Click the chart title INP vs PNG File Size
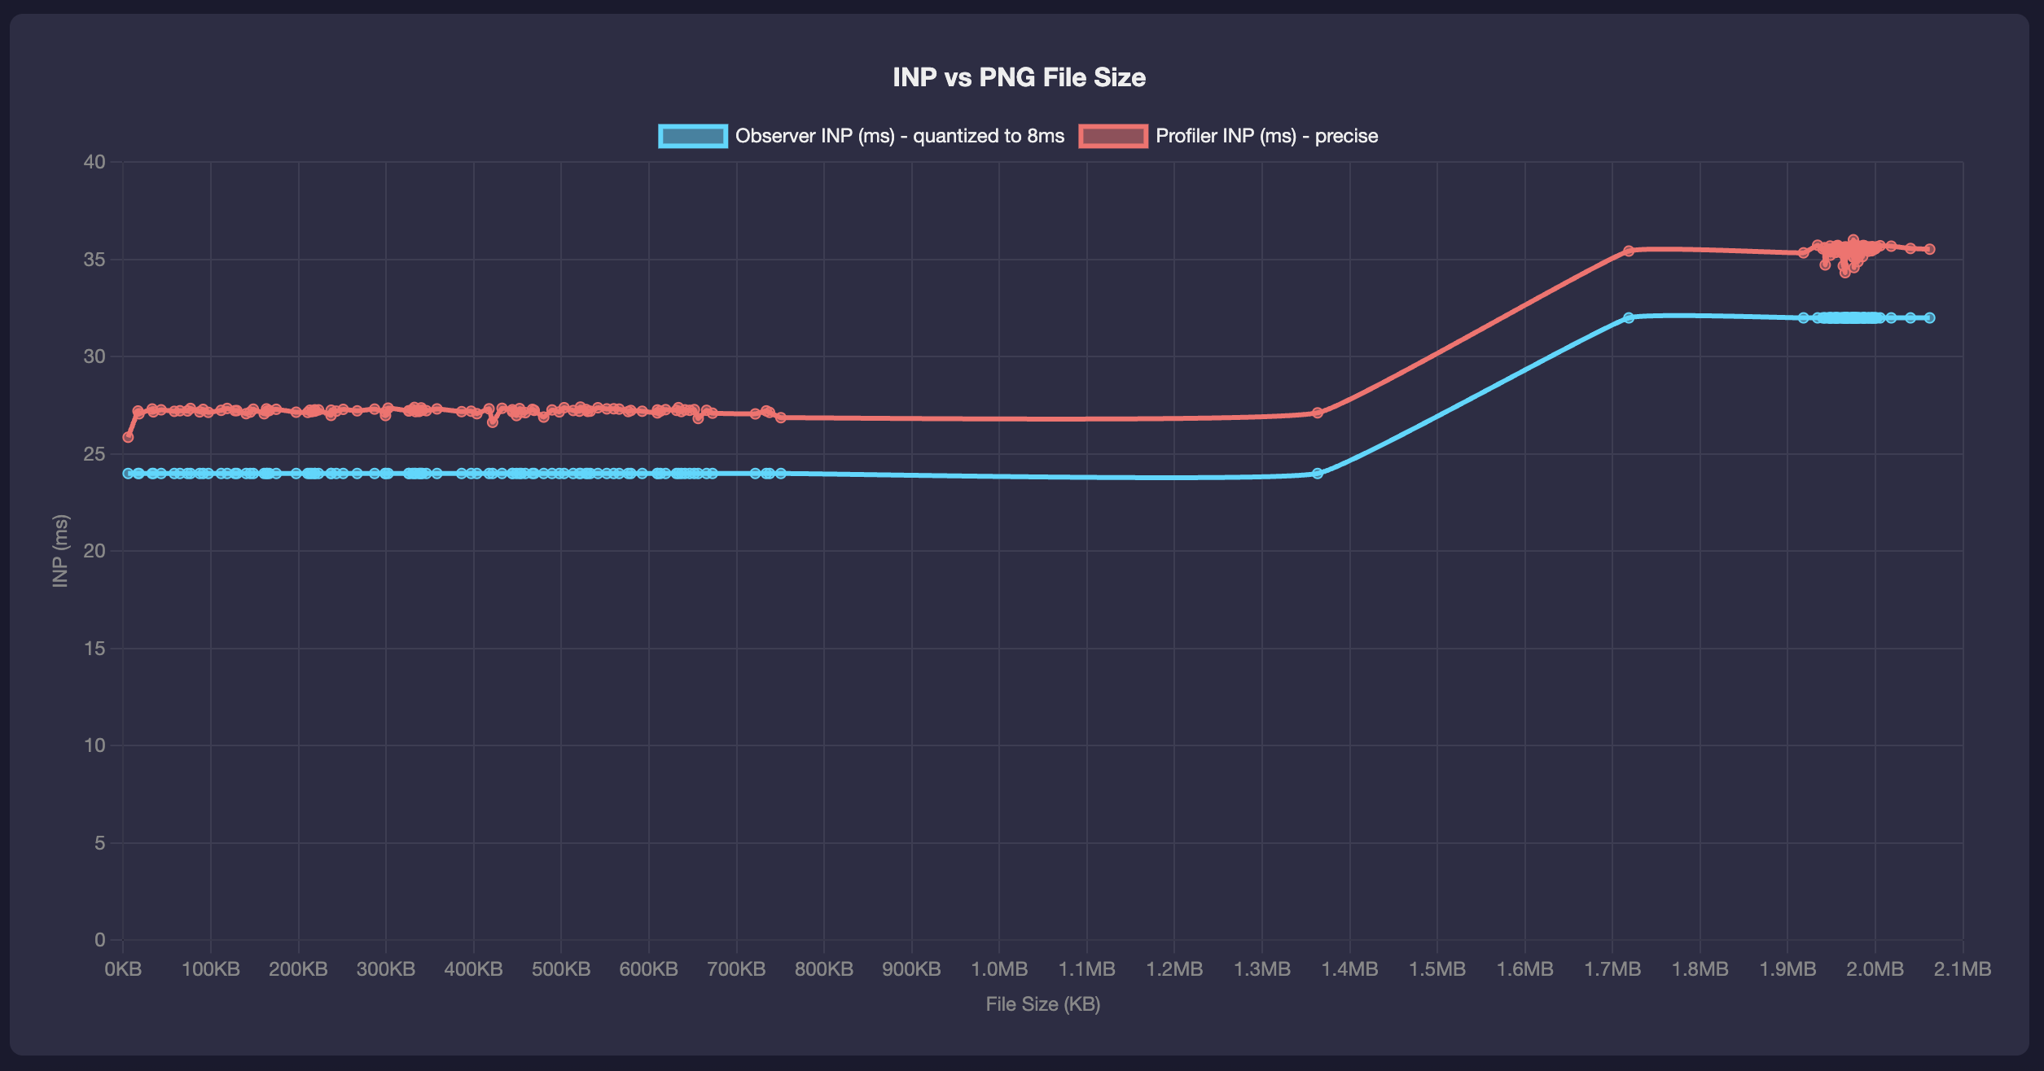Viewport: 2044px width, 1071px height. (1019, 77)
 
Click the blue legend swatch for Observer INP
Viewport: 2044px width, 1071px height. (692, 136)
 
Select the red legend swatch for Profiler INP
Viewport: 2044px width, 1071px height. (1112, 136)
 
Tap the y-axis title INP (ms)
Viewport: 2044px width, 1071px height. (60, 551)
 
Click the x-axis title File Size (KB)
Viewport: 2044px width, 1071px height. (1042, 1004)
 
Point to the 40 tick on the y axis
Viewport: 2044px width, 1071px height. (94, 162)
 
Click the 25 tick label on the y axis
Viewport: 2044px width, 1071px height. (94, 454)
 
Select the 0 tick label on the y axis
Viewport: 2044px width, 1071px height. (99, 940)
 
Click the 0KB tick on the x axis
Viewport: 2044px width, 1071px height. (123, 969)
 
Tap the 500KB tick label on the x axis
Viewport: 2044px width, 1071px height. (561, 969)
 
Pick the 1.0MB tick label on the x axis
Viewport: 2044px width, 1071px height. (999, 969)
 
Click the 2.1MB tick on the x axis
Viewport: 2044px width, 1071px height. (1963, 969)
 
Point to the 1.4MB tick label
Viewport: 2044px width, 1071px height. (1349, 969)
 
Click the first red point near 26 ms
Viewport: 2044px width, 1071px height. (128, 437)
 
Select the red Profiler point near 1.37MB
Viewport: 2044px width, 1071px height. (1318, 413)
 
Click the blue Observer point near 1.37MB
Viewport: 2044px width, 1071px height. (1318, 474)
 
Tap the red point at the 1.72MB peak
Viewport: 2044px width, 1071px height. (1629, 251)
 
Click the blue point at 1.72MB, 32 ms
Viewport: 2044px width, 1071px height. (1629, 317)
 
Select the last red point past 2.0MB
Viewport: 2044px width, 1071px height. (1929, 249)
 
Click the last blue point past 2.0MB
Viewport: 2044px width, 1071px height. (1929, 317)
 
